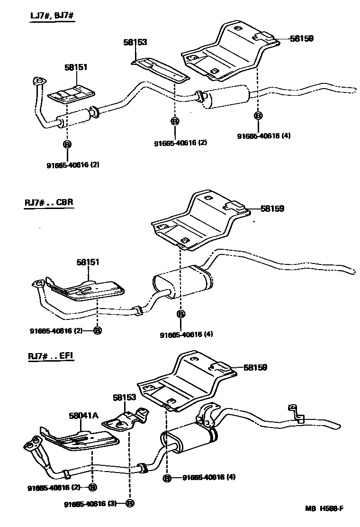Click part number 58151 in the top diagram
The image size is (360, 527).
click(76, 68)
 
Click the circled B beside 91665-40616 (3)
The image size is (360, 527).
click(130, 503)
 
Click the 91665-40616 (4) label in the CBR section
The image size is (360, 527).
click(186, 334)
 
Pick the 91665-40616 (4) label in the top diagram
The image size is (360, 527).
click(264, 136)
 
